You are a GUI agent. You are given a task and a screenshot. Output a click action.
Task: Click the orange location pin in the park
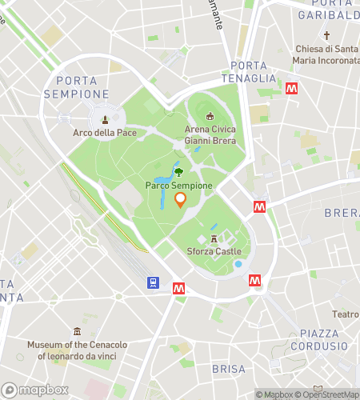tap(180, 199)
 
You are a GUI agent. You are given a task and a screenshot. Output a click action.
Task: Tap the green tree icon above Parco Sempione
tap(178, 170)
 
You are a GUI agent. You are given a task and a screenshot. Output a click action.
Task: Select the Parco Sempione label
tap(179, 186)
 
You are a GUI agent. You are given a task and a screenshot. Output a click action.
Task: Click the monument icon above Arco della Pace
tap(105, 119)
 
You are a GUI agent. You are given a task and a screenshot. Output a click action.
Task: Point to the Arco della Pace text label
tap(105, 133)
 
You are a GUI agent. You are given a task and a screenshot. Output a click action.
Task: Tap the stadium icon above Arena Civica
tap(210, 117)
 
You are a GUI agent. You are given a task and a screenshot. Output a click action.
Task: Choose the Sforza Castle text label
tap(214, 251)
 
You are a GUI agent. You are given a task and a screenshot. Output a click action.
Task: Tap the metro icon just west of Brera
tap(259, 206)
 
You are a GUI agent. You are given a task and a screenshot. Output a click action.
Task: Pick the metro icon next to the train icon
tap(179, 288)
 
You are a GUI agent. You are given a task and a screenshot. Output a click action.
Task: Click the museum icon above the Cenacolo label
tap(77, 331)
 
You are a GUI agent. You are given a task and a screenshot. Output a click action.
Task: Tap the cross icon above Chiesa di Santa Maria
tap(326, 36)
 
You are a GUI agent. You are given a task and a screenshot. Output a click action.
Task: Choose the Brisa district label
tap(229, 369)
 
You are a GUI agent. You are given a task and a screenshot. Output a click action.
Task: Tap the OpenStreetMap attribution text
tap(325, 394)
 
